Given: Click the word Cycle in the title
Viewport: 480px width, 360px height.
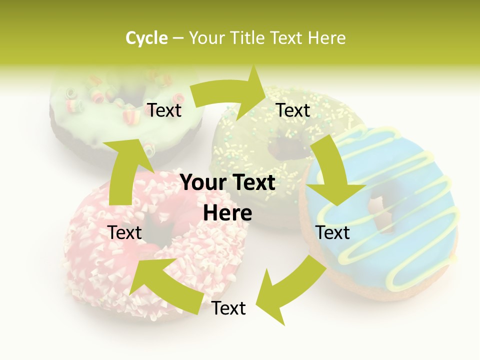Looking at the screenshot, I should (x=146, y=38).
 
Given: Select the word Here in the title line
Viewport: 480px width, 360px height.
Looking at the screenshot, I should (x=326, y=38).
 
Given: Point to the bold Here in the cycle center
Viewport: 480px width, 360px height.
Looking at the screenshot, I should (x=227, y=213).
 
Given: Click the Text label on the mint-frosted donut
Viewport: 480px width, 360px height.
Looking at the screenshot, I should (x=164, y=110).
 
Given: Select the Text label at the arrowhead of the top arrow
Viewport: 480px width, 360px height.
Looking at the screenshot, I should (x=293, y=110).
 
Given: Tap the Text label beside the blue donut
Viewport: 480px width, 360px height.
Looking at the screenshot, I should (x=332, y=232).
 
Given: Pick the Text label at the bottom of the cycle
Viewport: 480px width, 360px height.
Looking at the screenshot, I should (x=228, y=308).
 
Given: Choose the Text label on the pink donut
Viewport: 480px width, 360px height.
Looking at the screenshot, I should (x=124, y=232).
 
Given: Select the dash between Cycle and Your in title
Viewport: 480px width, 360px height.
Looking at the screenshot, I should (x=178, y=38).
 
